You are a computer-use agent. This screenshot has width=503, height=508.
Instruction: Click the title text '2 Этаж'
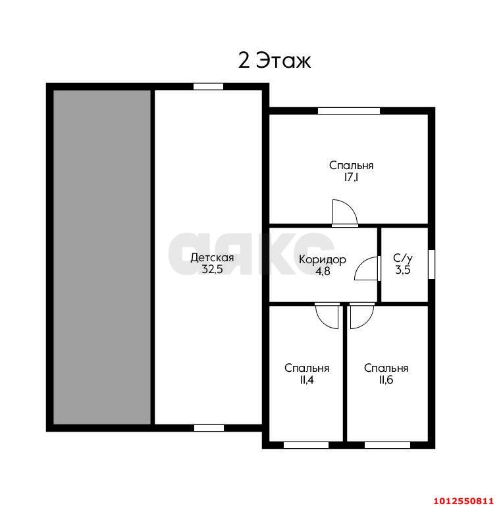click(274, 61)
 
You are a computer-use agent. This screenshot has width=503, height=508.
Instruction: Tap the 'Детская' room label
click(212, 258)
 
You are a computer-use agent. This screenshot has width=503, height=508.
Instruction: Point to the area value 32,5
click(212, 270)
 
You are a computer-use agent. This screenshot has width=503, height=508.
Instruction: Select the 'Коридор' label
click(323, 260)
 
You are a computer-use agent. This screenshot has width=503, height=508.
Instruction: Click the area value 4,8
click(323, 271)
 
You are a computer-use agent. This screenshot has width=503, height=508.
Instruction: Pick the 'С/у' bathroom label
click(403, 258)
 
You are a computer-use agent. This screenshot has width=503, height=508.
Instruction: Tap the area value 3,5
click(403, 270)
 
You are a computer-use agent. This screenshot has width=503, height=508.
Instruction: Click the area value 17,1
click(352, 178)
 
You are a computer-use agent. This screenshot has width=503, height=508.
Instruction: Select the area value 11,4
click(307, 380)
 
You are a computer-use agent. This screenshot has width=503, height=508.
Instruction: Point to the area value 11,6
click(386, 380)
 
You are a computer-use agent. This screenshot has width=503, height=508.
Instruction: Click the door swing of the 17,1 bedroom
click(345, 213)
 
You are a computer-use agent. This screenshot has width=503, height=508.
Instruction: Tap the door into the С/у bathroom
click(367, 268)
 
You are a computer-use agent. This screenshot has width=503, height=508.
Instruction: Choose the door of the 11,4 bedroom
click(328, 317)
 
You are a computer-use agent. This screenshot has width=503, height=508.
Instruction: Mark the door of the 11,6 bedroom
click(362, 317)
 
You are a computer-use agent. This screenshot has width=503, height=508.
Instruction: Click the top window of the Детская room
click(209, 86)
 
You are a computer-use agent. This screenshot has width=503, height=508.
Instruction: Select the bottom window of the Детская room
click(209, 428)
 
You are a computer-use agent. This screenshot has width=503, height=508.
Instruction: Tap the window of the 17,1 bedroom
click(349, 111)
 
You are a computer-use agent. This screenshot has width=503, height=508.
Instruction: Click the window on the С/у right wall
click(431, 265)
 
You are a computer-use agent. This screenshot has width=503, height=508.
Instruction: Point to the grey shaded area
click(102, 257)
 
